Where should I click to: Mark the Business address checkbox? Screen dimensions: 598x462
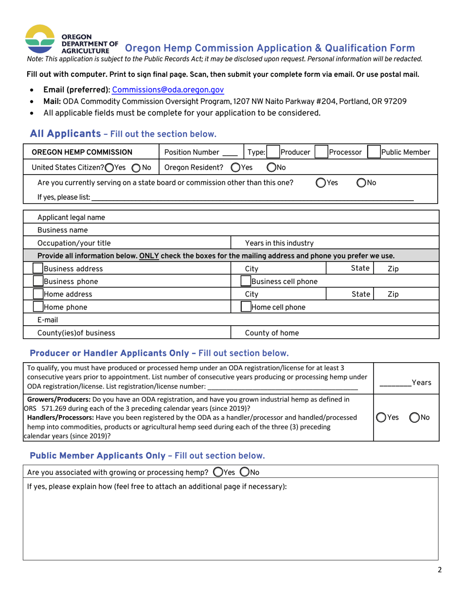tap(37, 269)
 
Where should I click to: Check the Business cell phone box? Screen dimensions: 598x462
tap(246, 281)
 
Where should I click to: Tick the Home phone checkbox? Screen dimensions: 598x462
tap(37, 307)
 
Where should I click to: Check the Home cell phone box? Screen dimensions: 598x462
tap(246, 307)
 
